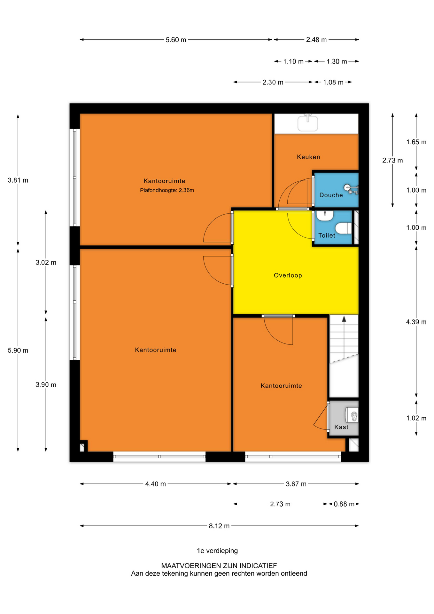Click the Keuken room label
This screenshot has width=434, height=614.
(x=308, y=157)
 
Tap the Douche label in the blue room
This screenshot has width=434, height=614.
(x=331, y=195)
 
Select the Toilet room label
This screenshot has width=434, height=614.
(x=327, y=235)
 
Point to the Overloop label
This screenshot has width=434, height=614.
(x=288, y=275)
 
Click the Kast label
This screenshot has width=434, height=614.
(x=341, y=427)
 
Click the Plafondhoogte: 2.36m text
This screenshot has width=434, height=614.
(x=167, y=190)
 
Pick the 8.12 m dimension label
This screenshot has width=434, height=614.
(x=219, y=526)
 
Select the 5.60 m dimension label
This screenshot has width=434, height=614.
(x=176, y=40)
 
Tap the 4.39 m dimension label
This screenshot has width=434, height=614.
(x=416, y=322)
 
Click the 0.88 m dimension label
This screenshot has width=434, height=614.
(x=344, y=504)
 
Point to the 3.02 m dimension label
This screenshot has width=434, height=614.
(x=46, y=263)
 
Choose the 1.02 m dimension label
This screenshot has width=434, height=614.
(x=416, y=418)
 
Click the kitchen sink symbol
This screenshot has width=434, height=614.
(x=308, y=123)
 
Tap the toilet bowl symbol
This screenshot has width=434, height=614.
(x=344, y=228)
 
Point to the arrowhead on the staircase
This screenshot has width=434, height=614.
(x=344, y=319)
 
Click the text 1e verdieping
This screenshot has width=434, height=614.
(x=217, y=551)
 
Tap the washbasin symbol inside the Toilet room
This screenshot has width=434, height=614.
(x=325, y=216)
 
